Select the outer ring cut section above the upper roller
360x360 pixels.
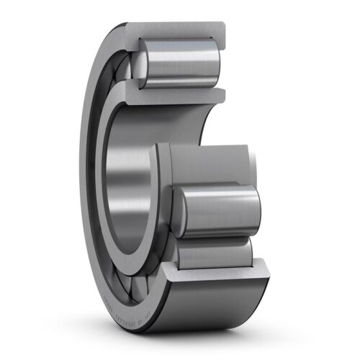pyautogui.click(x=173, y=30)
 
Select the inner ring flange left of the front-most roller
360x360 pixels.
pyautogui.click(x=163, y=202)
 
